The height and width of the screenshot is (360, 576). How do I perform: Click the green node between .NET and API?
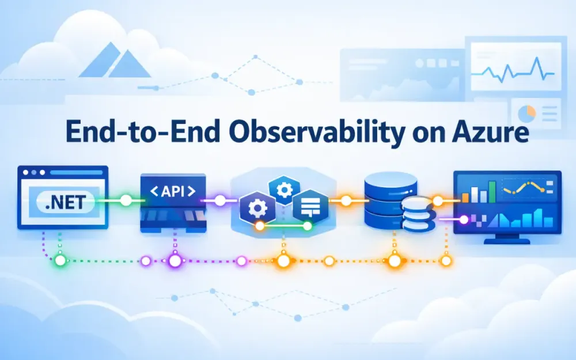125,201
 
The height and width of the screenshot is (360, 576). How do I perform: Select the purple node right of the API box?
220,201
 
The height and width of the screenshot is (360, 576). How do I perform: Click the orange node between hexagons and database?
346,201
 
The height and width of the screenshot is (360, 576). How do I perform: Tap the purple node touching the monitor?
463,219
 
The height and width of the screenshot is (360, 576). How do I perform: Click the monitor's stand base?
506,241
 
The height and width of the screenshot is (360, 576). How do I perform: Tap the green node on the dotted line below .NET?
60,260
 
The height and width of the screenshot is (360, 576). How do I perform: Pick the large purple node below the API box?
175,261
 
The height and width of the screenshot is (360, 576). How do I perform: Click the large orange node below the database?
395,261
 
